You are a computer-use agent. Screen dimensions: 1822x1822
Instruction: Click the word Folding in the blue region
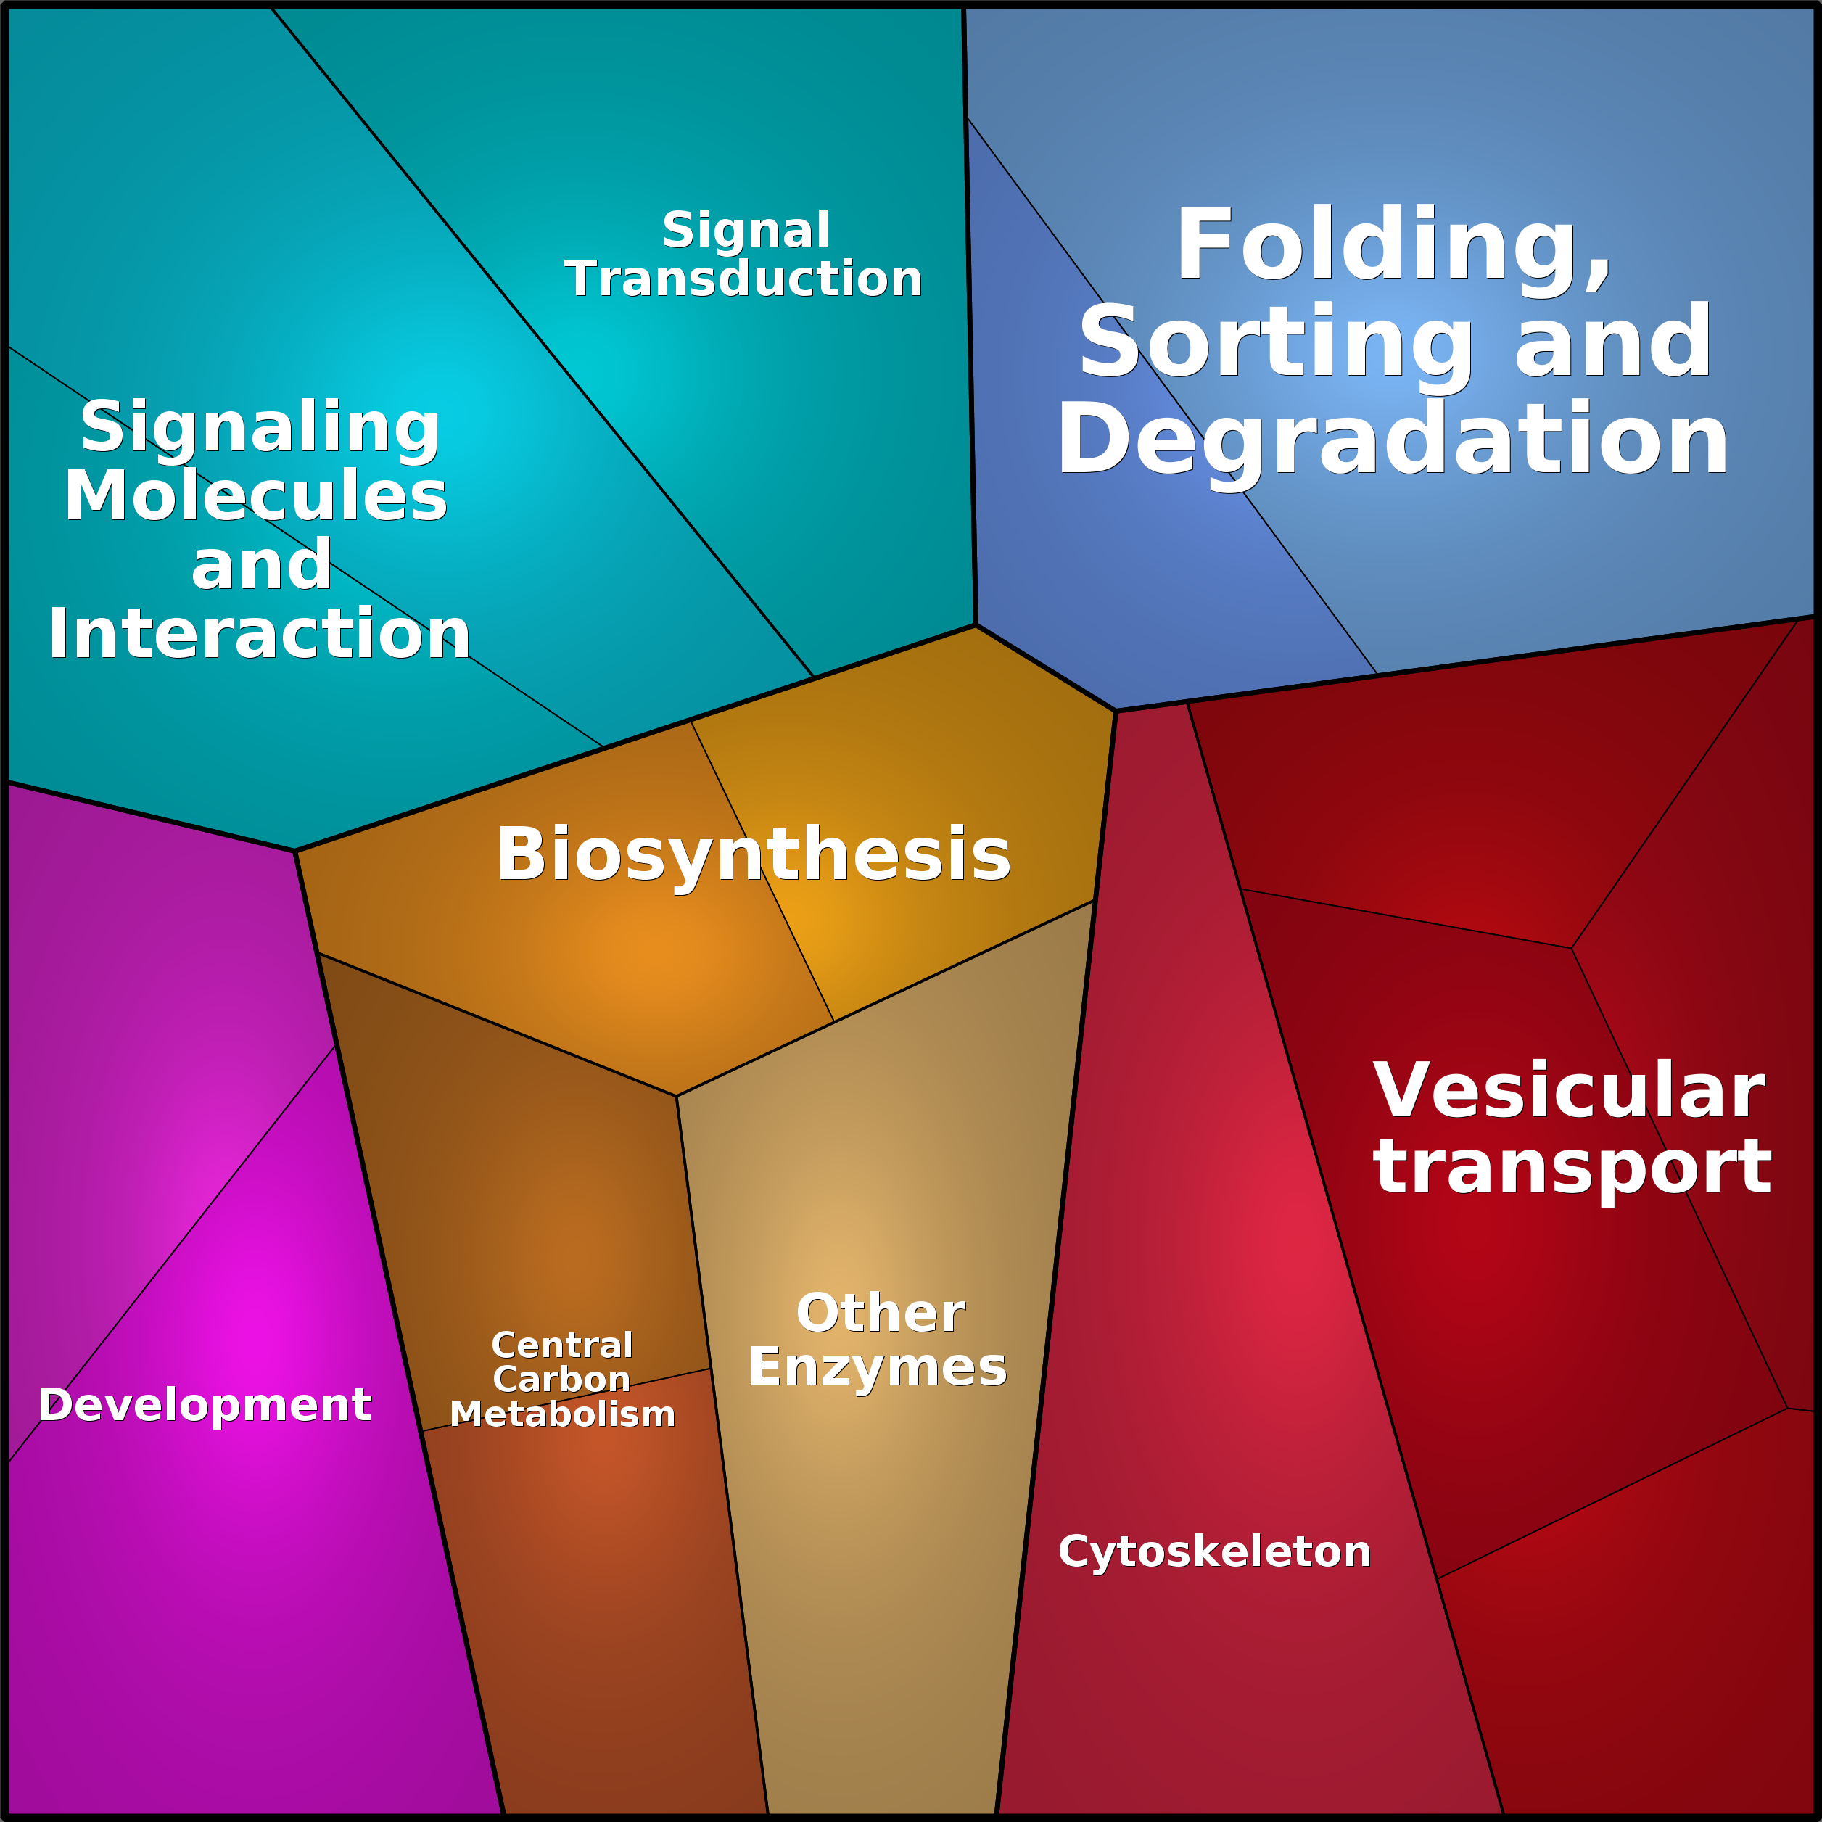click(x=1392, y=245)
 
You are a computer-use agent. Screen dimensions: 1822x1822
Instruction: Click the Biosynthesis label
click(x=753, y=854)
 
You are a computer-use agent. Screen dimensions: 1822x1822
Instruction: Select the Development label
click(x=205, y=1405)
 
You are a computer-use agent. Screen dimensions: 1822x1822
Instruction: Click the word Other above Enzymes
click(x=880, y=1313)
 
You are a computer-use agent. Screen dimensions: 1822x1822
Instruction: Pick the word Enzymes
click(x=877, y=1366)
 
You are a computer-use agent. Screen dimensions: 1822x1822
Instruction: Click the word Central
click(x=562, y=1345)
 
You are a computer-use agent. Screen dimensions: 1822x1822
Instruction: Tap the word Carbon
click(x=561, y=1379)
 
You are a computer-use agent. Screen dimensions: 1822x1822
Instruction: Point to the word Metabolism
click(x=562, y=1414)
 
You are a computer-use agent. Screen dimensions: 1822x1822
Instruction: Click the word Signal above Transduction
click(x=746, y=230)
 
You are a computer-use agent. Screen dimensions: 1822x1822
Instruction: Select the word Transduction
click(x=743, y=279)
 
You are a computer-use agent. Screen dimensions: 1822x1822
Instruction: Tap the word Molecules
click(x=255, y=496)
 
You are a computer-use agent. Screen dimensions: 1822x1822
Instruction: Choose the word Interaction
click(x=260, y=634)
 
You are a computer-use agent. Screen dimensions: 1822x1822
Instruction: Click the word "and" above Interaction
click(x=261, y=566)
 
